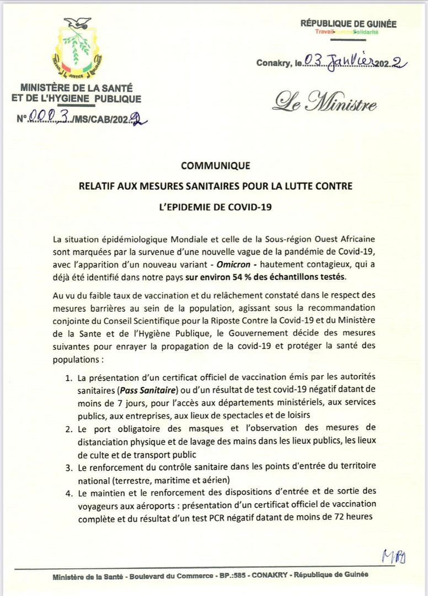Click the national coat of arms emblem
pyautogui.click(x=77, y=50)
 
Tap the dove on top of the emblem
pyautogui.click(x=78, y=23)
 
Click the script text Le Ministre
pyautogui.click(x=326, y=103)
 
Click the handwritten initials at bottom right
pyautogui.click(x=393, y=555)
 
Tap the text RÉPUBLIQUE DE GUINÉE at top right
pyautogui.click(x=348, y=24)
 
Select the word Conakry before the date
pyautogui.click(x=272, y=63)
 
